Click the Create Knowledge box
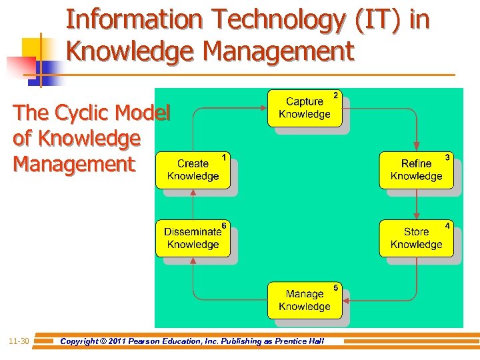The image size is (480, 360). coord(193,170)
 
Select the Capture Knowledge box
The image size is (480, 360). coord(305,108)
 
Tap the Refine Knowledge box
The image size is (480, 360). coord(417,170)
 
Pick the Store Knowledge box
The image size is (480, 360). coord(417,238)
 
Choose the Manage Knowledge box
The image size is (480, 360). coord(305,300)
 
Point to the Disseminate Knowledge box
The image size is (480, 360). coord(193,238)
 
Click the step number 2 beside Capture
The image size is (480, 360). coord(335,96)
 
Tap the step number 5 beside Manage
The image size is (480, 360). coord(335,287)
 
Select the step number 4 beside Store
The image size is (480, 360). coord(447,226)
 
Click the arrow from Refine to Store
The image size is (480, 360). coord(417,204)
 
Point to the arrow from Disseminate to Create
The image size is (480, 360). coord(193,204)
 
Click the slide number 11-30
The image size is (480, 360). coord(19,341)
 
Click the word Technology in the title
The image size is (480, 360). coord(275,21)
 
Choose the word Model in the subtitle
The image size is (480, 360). coord(145,113)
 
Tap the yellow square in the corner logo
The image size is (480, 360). coord(32,48)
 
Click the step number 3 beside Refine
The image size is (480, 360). coord(447,157)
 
